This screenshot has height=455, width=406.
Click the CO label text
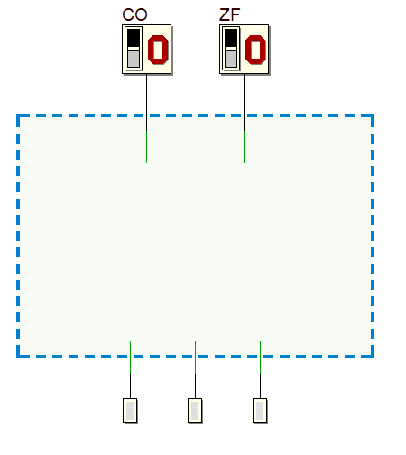[x=134, y=14]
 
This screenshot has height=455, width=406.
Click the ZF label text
[x=230, y=14]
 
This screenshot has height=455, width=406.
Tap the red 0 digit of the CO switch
[x=158, y=50]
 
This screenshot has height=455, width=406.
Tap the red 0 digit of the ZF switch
[x=255, y=50]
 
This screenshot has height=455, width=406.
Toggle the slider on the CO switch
[x=134, y=49]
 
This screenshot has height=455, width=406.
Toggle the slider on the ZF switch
[x=231, y=49]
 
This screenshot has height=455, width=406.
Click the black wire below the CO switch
[x=146, y=102]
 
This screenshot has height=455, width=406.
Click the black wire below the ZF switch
[x=244, y=102]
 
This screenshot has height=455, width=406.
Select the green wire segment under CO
[x=146, y=147]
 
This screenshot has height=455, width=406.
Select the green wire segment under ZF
[x=244, y=147]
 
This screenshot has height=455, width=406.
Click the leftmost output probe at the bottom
[x=130, y=411]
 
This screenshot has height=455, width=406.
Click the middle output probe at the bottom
[x=195, y=411]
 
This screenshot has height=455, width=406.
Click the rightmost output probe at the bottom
[x=260, y=411]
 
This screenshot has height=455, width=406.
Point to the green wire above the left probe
[x=130, y=357]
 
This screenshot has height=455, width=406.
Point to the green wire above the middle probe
[x=195, y=357]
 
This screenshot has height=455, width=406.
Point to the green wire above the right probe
[x=260, y=357]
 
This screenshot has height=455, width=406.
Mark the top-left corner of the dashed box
[x=18, y=116]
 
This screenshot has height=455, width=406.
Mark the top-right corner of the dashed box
[x=373, y=116]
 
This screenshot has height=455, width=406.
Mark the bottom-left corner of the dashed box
[x=18, y=357]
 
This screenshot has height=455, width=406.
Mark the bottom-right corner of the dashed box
[x=373, y=357]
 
